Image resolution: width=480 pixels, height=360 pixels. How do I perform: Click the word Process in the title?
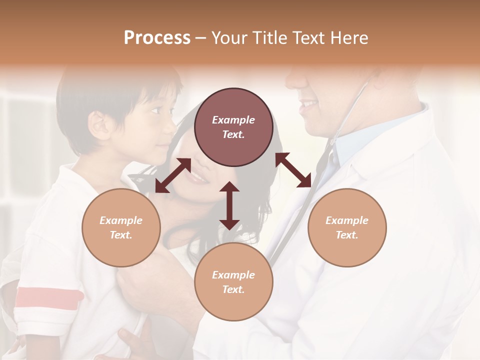coord(157,38)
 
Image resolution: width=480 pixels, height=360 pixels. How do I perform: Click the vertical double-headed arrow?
coord(229,205)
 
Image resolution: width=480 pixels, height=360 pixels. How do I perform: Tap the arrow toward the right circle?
coord(293,170)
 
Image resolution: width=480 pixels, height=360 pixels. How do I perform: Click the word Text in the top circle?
coord(233,134)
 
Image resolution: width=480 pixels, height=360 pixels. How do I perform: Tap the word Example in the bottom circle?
coord(233,274)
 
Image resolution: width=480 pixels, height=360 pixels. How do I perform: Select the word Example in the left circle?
coord(121,220)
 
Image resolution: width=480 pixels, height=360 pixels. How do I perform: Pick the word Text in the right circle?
coord(346,234)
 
